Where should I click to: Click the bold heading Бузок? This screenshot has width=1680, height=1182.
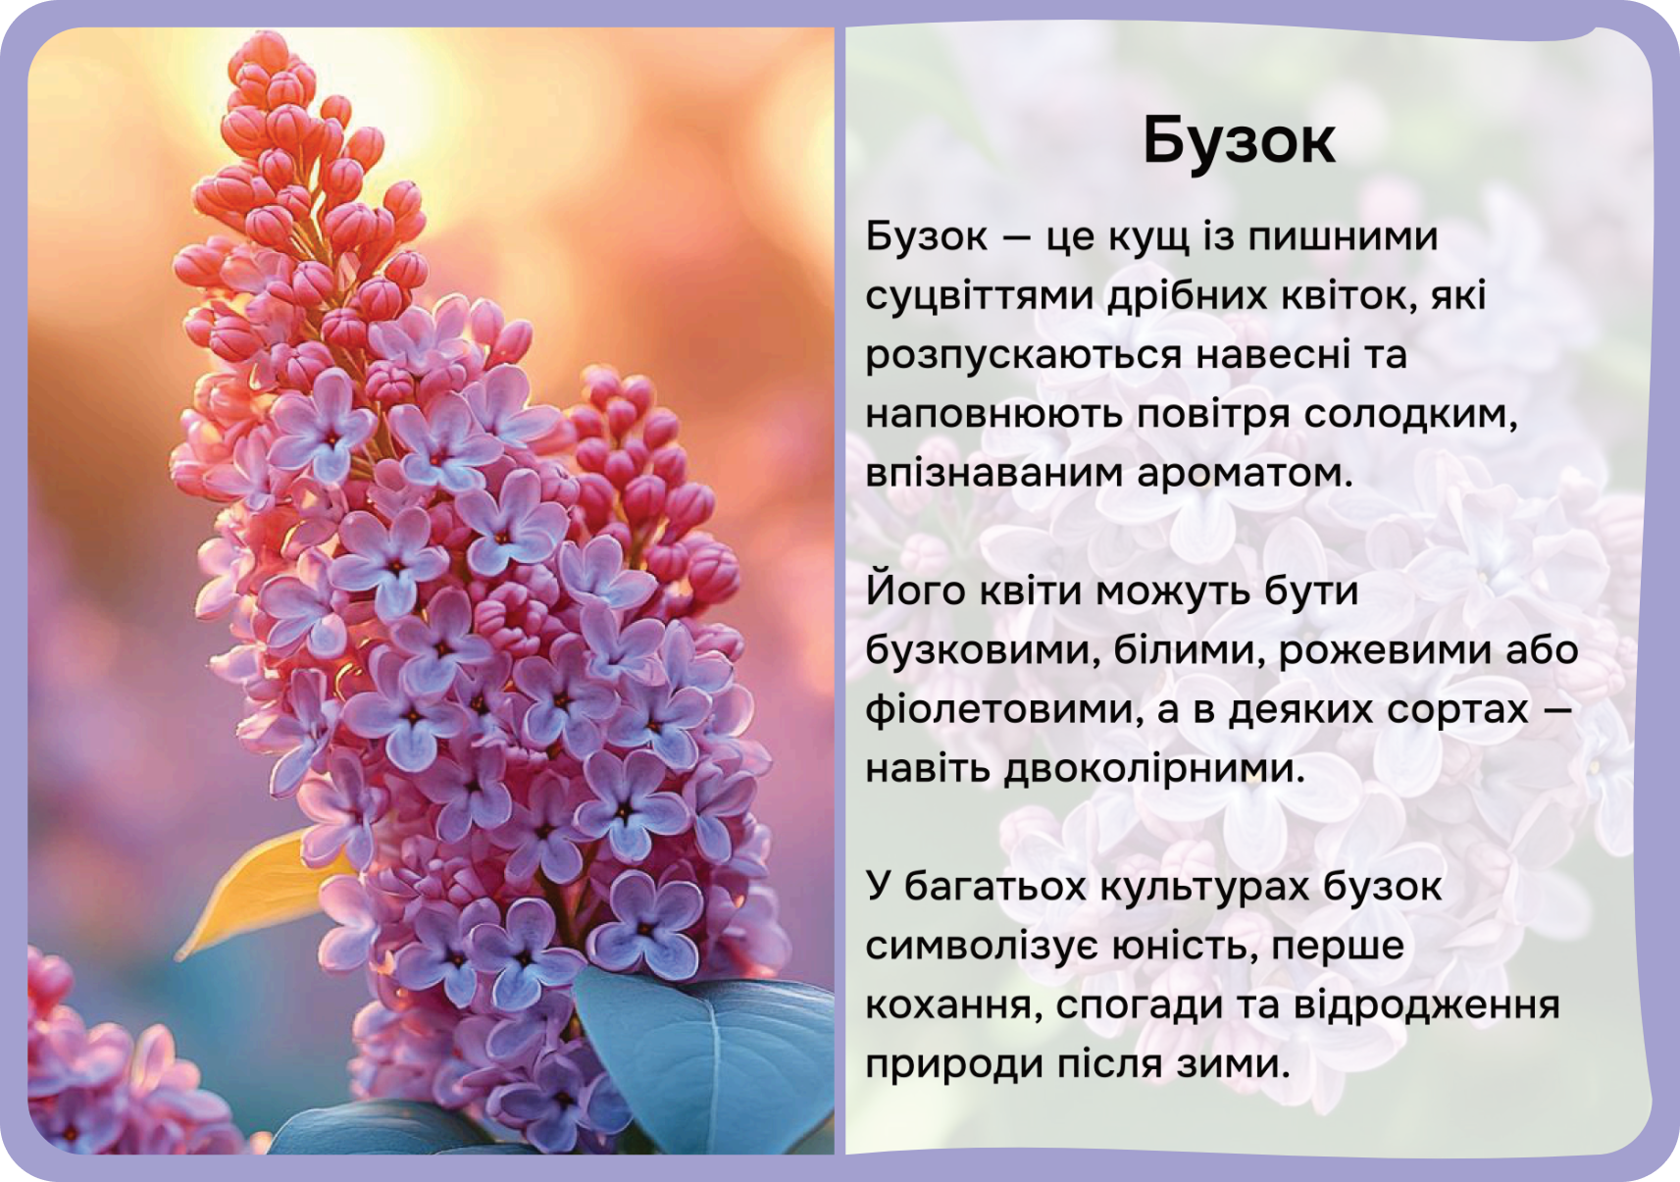1239,141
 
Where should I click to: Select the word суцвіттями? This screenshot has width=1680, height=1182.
980,297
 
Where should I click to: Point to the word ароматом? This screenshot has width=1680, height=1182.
1245,474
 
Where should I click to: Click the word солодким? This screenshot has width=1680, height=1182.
1410,415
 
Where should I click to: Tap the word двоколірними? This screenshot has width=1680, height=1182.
1155,770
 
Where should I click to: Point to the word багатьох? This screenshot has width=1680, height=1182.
993,888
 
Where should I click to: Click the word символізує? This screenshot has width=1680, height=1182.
982,947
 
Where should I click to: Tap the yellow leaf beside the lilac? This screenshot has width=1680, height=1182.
259,893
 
